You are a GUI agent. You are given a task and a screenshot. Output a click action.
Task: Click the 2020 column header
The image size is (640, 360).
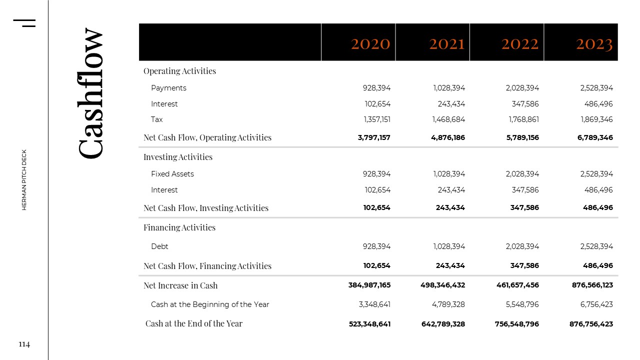tap(370, 43)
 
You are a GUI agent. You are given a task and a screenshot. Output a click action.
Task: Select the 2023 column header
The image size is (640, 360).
tap(594, 43)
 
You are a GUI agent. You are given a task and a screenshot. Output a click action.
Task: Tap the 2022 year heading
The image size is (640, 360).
tap(520, 43)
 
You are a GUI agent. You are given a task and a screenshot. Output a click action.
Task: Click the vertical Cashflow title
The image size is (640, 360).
tap(91, 93)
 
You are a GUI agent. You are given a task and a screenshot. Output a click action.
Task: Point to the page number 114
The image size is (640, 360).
tap(24, 344)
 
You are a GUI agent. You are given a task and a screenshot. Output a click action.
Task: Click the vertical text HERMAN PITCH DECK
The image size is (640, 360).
tap(24, 179)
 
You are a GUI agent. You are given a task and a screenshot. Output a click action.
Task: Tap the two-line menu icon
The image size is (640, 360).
tap(24, 23)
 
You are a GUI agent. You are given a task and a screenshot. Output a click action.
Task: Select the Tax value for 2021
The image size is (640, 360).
tap(448, 119)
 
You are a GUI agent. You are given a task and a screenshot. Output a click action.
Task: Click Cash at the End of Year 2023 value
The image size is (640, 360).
tap(591, 324)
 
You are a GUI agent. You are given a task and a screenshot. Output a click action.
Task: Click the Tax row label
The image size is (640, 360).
tap(156, 119)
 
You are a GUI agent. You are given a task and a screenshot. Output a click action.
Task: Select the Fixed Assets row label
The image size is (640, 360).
tap(172, 174)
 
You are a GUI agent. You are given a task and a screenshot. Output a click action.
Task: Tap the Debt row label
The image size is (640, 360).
tap(159, 246)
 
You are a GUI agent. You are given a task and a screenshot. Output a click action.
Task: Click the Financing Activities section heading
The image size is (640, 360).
tap(179, 227)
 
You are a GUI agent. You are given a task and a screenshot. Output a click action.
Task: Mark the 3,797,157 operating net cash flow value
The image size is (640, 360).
tap(374, 137)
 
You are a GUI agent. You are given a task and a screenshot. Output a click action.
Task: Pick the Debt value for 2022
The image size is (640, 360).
tap(522, 246)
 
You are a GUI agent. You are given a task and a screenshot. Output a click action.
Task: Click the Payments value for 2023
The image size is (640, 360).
tap(596, 88)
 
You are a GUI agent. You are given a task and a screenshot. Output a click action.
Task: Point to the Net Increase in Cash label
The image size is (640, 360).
tap(180, 285)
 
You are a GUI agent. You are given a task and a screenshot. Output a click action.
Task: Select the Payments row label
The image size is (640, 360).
tap(168, 88)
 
